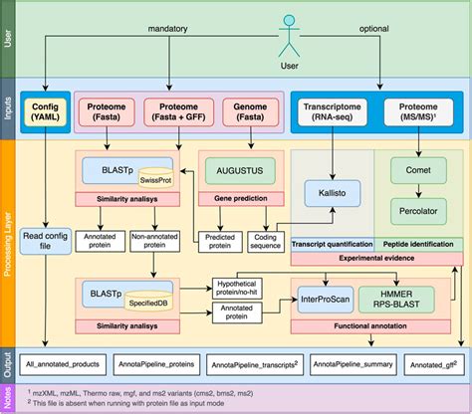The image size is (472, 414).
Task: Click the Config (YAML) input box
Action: [x=44, y=111]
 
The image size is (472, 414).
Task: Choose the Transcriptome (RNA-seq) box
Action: [x=332, y=111]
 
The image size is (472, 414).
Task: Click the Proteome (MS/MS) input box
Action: [x=419, y=111]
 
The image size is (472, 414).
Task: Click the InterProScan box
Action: [x=333, y=295]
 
